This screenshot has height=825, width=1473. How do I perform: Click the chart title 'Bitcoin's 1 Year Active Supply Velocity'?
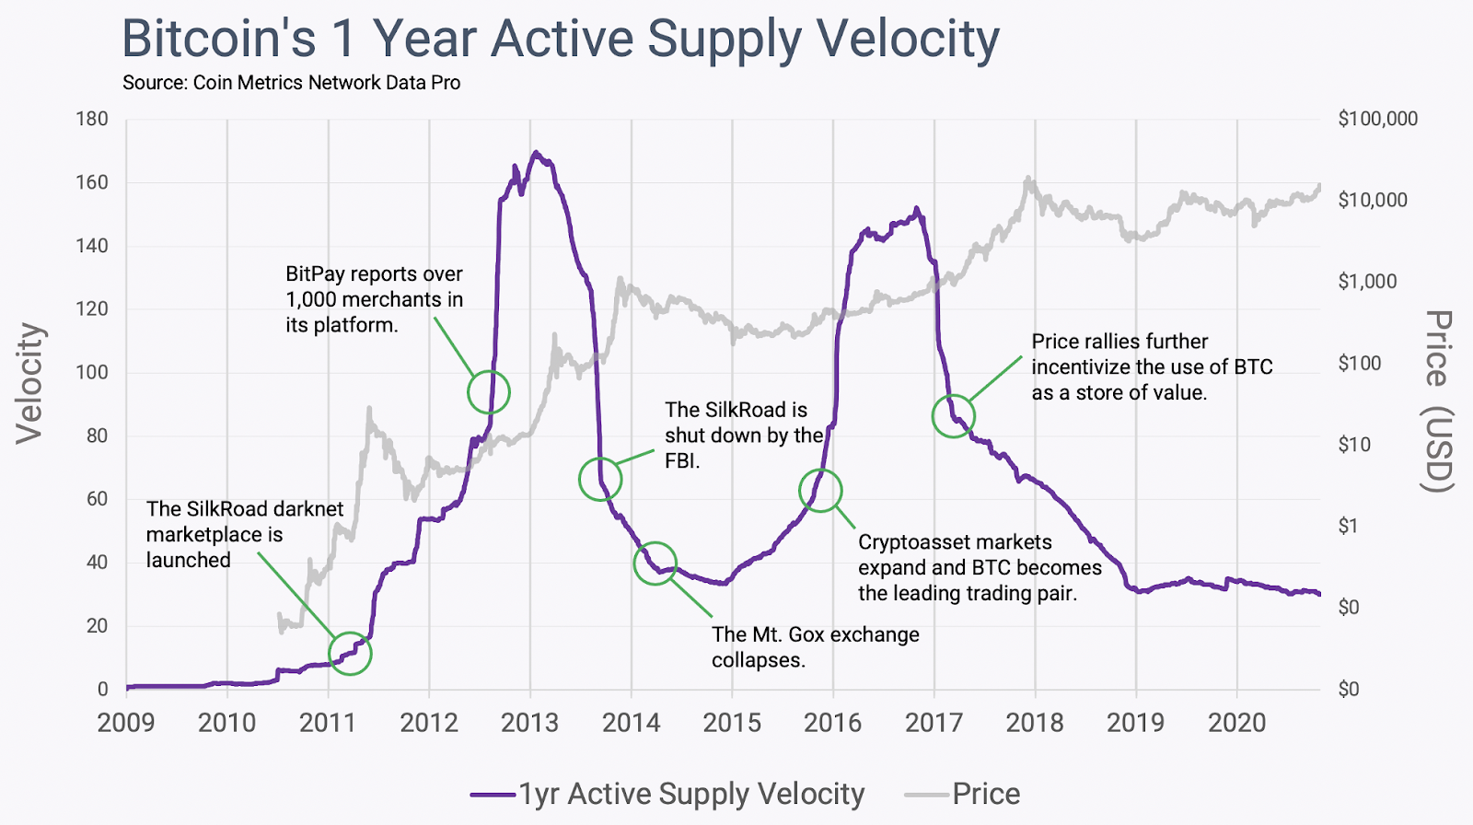(x=560, y=39)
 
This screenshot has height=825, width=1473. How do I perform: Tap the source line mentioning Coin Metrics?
(x=291, y=83)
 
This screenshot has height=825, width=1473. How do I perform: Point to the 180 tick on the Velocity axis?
(x=92, y=119)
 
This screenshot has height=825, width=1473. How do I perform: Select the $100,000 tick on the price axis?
(x=1377, y=119)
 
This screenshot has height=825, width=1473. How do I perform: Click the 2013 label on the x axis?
(x=529, y=722)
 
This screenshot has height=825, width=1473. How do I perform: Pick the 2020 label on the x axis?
(x=1236, y=722)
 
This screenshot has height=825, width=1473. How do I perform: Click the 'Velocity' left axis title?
(x=29, y=383)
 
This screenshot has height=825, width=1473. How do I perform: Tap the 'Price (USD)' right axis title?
(x=1438, y=401)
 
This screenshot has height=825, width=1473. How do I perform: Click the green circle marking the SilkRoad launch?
(x=350, y=654)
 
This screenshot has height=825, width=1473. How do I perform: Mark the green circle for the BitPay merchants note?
(x=488, y=392)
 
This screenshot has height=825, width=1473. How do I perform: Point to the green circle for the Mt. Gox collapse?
(x=655, y=564)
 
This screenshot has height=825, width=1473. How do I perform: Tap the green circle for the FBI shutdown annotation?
(x=600, y=479)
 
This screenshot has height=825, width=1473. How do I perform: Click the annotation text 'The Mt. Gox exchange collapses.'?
(x=815, y=647)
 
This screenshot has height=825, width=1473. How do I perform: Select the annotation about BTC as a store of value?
(x=1151, y=366)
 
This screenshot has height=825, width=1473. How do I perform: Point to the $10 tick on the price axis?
(x=1353, y=445)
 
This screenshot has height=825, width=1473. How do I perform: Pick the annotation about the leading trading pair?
(x=980, y=567)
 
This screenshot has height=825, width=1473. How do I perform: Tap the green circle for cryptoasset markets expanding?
(x=820, y=490)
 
